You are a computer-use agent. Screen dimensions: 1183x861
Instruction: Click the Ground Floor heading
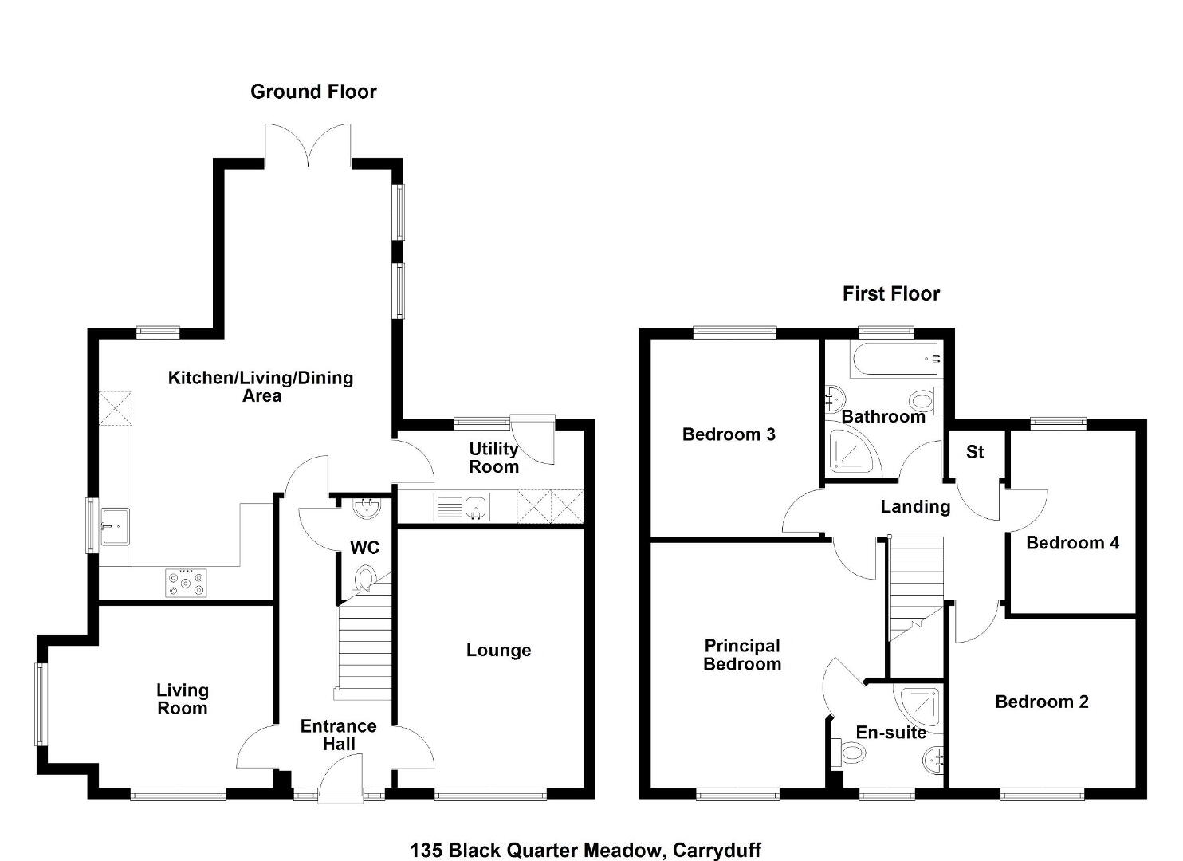pyautogui.click(x=314, y=92)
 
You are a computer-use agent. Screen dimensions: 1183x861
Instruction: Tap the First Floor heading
pyautogui.click(x=891, y=293)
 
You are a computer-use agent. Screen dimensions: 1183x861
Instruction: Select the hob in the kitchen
pyautogui.click(x=186, y=583)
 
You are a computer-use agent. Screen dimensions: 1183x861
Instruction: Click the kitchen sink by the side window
pyautogui.click(x=115, y=527)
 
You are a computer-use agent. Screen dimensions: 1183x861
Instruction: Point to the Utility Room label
pyautogui.click(x=493, y=458)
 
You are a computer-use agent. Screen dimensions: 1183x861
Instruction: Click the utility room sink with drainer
pyautogui.click(x=462, y=507)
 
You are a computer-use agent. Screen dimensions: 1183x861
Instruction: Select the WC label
pyautogui.click(x=364, y=548)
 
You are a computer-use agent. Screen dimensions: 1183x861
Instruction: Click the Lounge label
pyautogui.click(x=498, y=651)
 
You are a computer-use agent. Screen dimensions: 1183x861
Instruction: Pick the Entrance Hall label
pyautogui.click(x=339, y=735)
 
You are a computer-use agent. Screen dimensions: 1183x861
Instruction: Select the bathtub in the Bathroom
pyautogui.click(x=896, y=359)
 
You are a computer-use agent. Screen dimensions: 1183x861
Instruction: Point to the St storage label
pyautogui.click(x=975, y=452)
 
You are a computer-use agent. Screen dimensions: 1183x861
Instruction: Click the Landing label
pyautogui.click(x=915, y=506)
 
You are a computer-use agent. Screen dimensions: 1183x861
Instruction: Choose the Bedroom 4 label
pyautogui.click(x=1073, y=542)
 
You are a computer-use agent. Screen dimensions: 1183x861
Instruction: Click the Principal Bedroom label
pyautogui.click(x=742, y=655)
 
